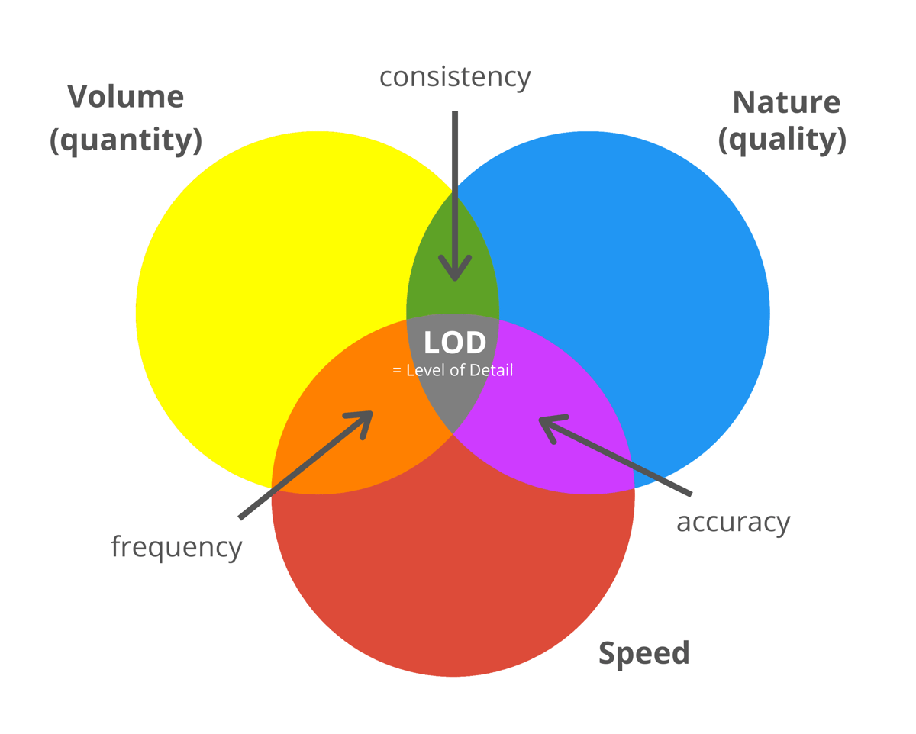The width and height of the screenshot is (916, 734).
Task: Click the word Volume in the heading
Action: click(126, 97)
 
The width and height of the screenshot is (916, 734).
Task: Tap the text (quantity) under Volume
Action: click(126, 140)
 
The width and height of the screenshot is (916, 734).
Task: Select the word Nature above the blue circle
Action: click(785, 101)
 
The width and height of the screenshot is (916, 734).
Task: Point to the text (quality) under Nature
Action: click(782, 140)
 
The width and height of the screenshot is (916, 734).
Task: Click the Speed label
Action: click(643, 653)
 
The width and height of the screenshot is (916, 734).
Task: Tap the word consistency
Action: click(455, 76)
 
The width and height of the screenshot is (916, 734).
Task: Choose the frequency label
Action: click(176, 546)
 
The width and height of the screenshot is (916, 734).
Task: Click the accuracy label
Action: click(733, 522)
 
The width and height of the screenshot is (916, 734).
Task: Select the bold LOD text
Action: click(455, 343)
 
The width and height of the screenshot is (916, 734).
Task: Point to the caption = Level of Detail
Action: click(452, 371)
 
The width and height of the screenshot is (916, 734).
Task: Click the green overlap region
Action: click(453, 244)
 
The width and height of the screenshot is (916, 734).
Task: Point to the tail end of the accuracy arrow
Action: click(690, 494)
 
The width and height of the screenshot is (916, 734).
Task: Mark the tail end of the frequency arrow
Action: click(240, 518)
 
